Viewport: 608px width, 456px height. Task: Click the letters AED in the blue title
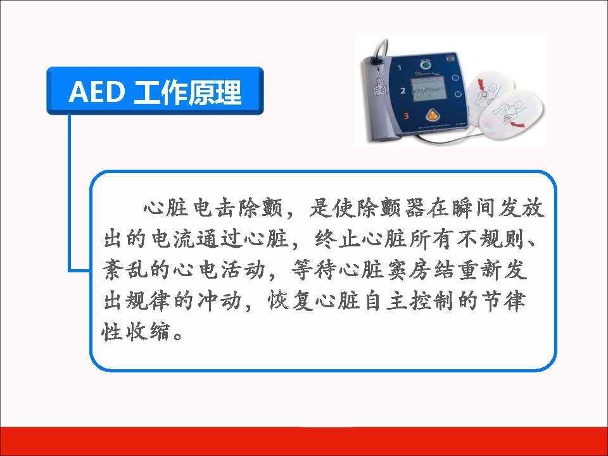[x=96, y=92]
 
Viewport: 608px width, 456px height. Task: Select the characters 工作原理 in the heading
[x=187, y=92]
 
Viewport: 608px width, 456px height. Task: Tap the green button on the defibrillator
[x=426, y=65]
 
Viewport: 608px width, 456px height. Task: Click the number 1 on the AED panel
[x=400, y=68]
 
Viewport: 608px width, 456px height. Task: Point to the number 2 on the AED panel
[x=403, y=91]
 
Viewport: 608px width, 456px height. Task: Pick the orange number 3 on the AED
[x=406, y=116]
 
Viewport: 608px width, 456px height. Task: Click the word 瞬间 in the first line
[x=472, y=209]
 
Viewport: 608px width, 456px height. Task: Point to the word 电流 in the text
[x=172, y=239]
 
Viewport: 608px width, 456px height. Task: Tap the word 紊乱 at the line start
[x=125, y=270]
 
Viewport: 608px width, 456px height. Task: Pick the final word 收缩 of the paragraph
[x=148, y=331]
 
